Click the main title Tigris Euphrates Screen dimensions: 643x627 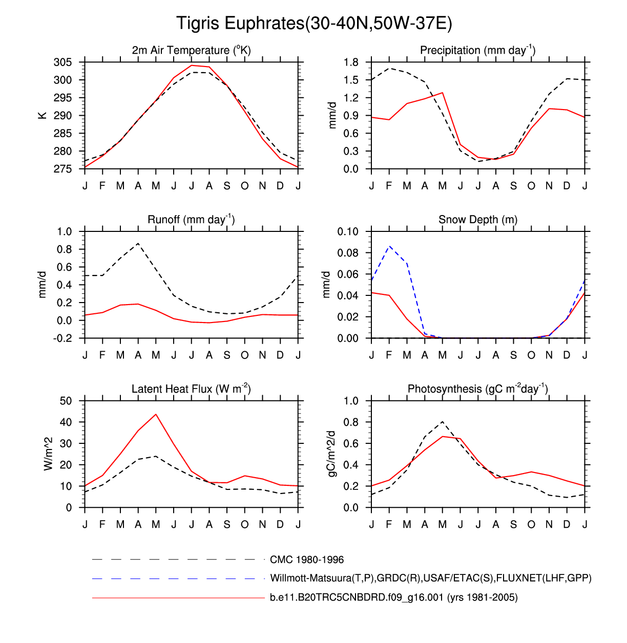pyautogui.click(x=313, y=24)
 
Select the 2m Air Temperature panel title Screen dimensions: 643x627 pyautogui.click(x=191, y=50)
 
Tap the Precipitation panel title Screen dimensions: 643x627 pyautogui.click(x=477, y=50)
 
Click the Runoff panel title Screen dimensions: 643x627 pyautogui.click(x=191, y=220)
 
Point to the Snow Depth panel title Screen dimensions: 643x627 pyautogui.click(x=477, y=220)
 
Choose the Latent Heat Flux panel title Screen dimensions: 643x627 pyautogui.click(x=191, y=389)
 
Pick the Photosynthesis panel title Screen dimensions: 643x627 pyautogui.click(x=477, y=389)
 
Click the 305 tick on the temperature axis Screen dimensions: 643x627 pyautogui.click(x=62, y=62)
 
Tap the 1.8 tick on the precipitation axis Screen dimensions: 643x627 pyautogui.click(x=351, y=62)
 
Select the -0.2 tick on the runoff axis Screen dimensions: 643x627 pyautogui.click(x=65, y=338)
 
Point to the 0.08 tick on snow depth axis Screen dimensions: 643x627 pyautogui.click(x=347, y=253)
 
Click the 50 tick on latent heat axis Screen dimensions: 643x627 pyautogui.click(x=66, y=401)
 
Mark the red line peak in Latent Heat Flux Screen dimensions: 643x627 pyautogui.click(x=156, y=414)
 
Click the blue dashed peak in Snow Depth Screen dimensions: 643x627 pyautogui.click(x=390, y=246)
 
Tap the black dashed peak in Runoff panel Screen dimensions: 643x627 pyautogui.click(x=138, y=244)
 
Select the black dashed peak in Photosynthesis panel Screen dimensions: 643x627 pyautogui.click(x=442, y=422)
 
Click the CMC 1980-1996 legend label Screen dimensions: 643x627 pyautogui.click(x=307, y=560)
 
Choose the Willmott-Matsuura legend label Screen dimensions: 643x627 pyautogui.click(x=430, y=578)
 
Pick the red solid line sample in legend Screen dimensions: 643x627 pyautogui.click(x=178, y=597)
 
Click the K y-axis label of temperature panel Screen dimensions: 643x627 pyautogui.click(x=43, y=116)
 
